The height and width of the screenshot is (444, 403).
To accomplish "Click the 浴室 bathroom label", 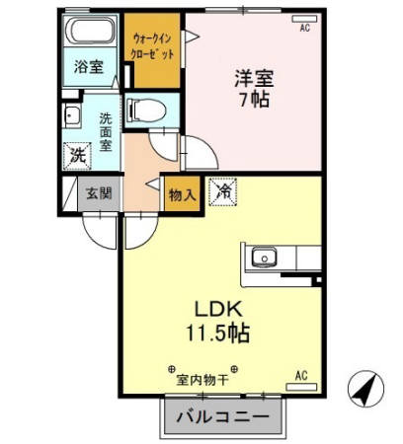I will pyautogui.click(x=89, y=67).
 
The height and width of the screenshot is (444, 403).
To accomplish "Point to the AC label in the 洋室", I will pyautogui.click(x=305, y=28).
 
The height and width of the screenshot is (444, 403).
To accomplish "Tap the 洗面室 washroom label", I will pyautogui.click(x=106, y=127).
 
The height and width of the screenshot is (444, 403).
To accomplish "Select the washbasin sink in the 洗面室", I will pyautogui.click(x=73, y=116).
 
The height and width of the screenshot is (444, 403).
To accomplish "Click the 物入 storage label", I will pyautogui.click(x=182, y=194).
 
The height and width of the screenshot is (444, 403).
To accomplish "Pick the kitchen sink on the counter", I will pyautogui.click(x=264, y=259).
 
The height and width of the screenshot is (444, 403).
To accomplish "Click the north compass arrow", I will pyautogui.click(x=363, y=391).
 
